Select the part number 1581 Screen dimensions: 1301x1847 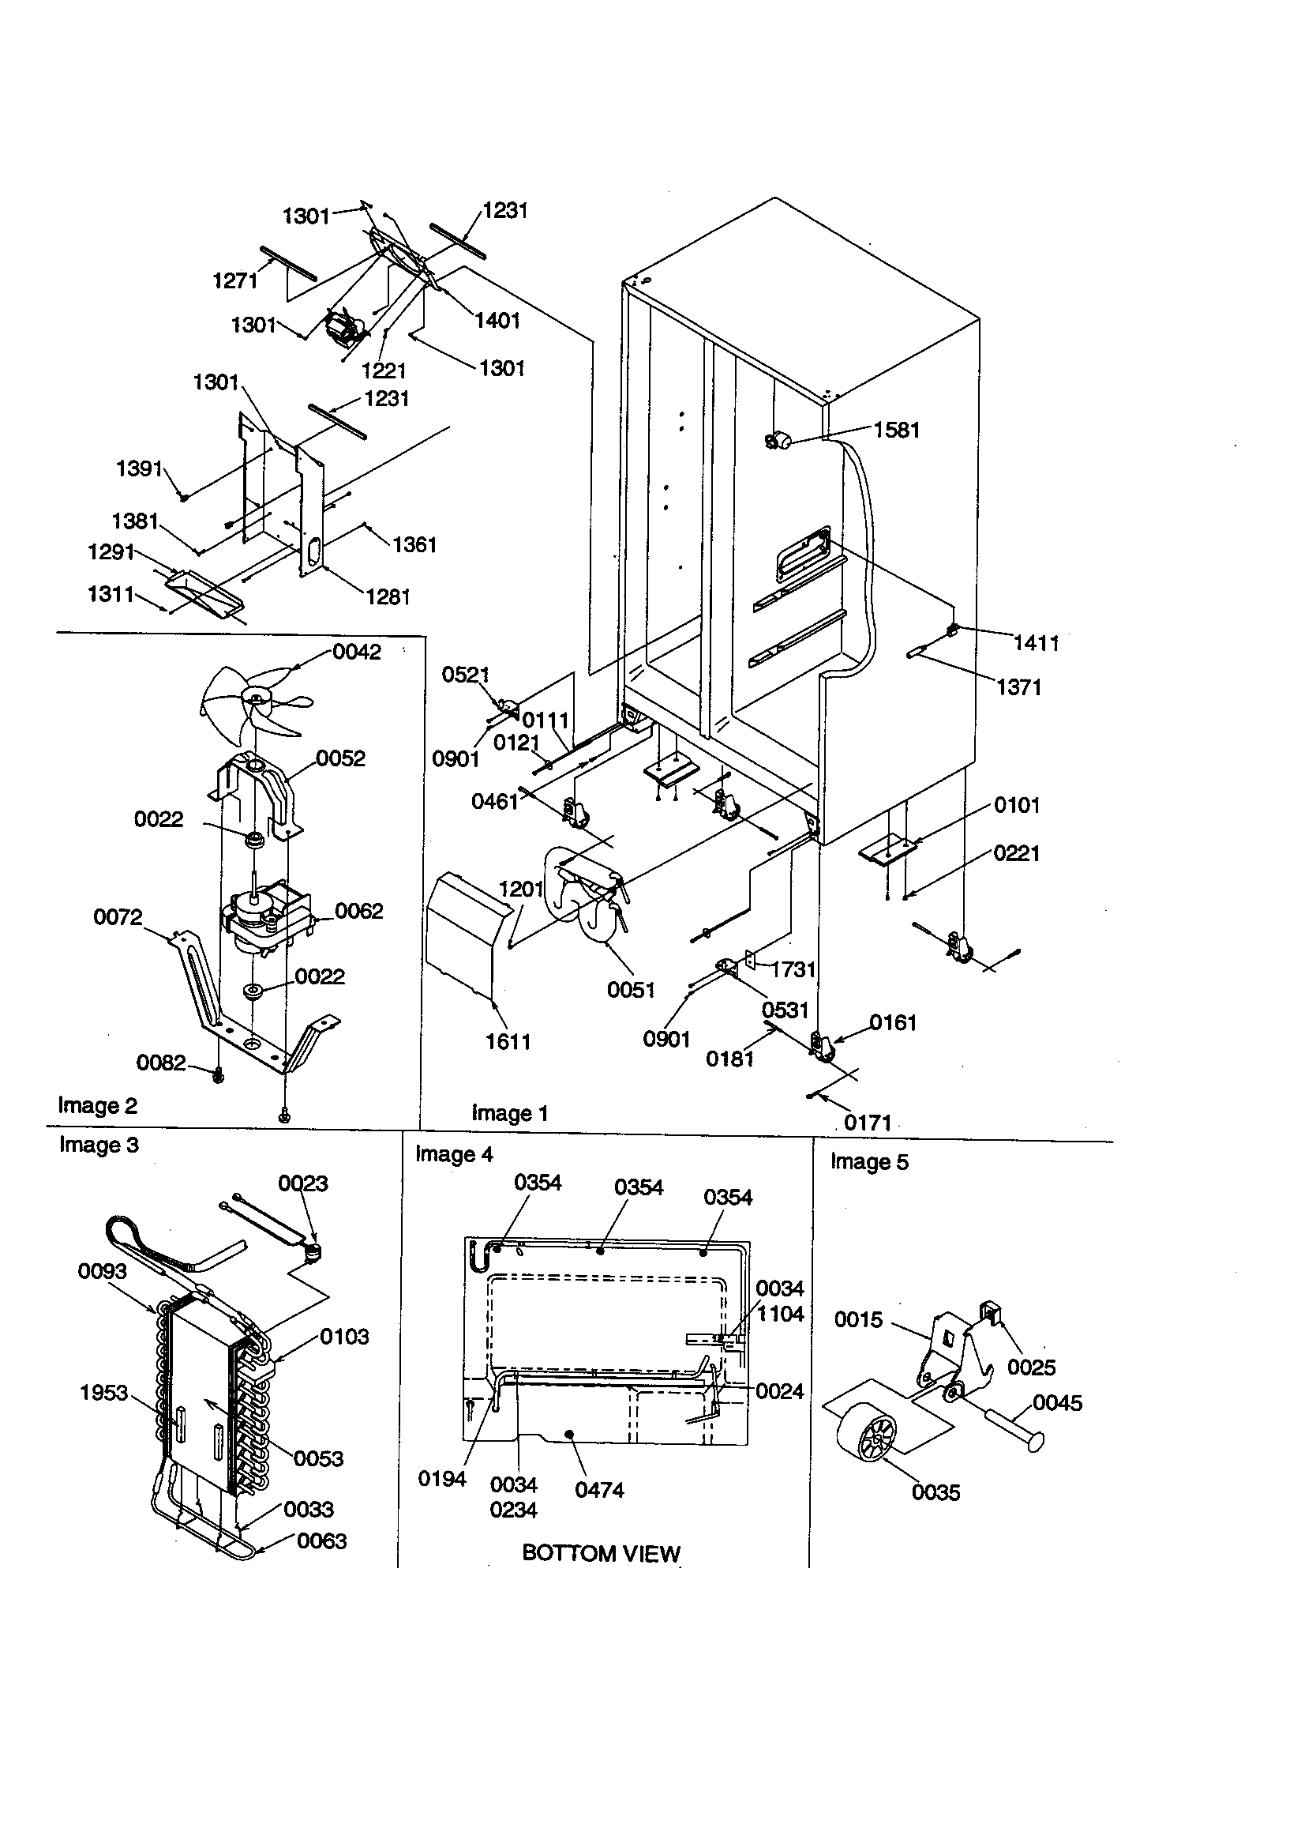(896, 430)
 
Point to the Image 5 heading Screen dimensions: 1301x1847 (868, 1161)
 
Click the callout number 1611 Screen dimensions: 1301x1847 (508, 1042)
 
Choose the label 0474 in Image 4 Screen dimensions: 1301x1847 (599, 1490)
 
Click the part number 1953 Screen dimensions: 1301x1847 (103, 1393)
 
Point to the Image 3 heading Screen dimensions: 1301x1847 (99, 1145)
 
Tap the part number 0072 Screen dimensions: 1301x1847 (118, 916)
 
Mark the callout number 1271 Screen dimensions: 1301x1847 (234, 280)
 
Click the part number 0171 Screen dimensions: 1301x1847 (868, 1123)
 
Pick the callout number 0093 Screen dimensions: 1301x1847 (102, 1271)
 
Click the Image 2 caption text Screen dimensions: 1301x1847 (97, 1105)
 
